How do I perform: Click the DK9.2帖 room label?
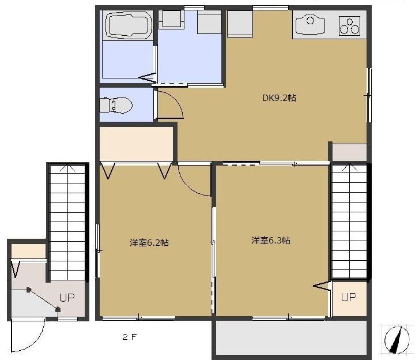(279, 98)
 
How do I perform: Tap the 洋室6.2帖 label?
(149, 243)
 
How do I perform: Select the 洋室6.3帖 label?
(270, 240)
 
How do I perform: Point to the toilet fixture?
(116, 105)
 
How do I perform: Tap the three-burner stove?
(349, 25)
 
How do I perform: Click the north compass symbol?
(397, 339)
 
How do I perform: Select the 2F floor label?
(129, 337)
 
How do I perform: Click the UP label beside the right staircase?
(349, 297)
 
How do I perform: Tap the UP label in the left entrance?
(67, 298)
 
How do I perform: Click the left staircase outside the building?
(67, 219)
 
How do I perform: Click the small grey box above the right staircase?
(348, 152)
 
